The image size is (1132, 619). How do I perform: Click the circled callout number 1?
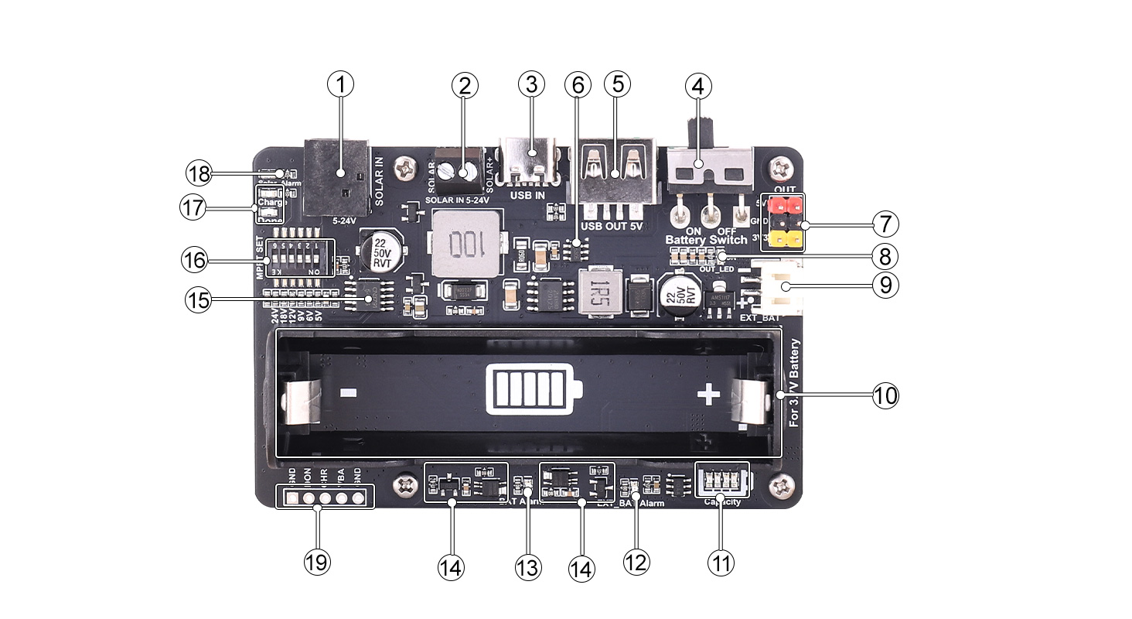[x=340, y=85]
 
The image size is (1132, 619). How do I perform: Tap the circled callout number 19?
[x=316, y=563]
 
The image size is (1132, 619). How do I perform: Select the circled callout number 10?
[x=885, y=395]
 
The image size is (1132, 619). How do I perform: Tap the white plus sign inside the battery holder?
[x=709, y=396]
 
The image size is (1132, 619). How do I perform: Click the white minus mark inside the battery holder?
[x=348, y=395]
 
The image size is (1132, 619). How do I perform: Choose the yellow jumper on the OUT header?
[x=784, y=241]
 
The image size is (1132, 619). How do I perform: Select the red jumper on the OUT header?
[x=784, y=205]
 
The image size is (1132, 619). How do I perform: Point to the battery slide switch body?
[x=710, y=168]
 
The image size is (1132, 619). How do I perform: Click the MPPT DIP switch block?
[x=300, y=258]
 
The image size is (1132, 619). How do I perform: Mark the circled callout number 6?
[x=575, y=85]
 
